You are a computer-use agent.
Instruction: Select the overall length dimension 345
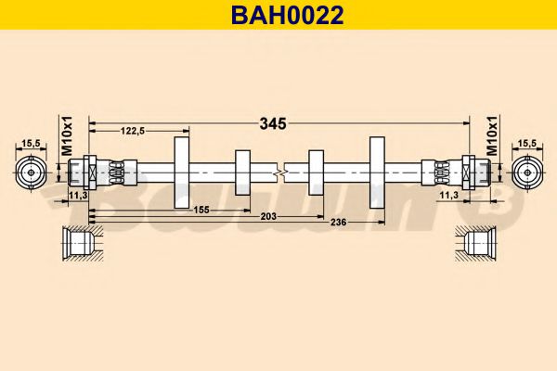coord(271,122)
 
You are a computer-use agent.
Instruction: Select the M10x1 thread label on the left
coord(66,138)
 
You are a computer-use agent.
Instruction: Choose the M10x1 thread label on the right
coord(491,138)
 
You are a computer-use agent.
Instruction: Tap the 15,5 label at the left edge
coord(31,142)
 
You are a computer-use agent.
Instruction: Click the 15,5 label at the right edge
coord(526,142)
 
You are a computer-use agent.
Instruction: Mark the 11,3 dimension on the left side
coord(79,196)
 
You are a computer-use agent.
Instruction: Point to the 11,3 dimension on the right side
coord(447,196)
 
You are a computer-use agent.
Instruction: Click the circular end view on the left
coord(32,173)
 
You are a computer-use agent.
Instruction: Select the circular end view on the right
coord(526,173)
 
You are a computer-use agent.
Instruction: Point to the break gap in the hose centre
coord(280,173)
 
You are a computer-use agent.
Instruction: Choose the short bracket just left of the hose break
coord(242,173)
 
